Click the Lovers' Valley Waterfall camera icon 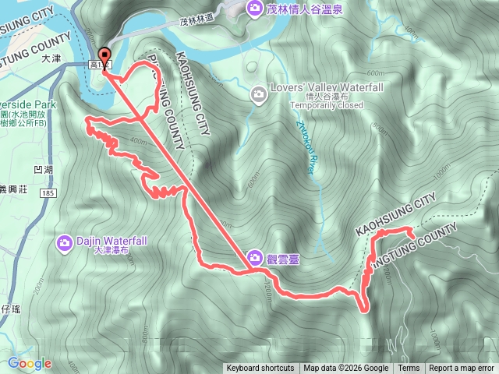259,94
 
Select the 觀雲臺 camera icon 255,258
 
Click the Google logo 30,363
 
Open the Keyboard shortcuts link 260,369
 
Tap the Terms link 409,369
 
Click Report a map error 462,369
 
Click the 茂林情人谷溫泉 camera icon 253,9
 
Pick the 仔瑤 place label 11,311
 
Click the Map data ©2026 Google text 346,369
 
